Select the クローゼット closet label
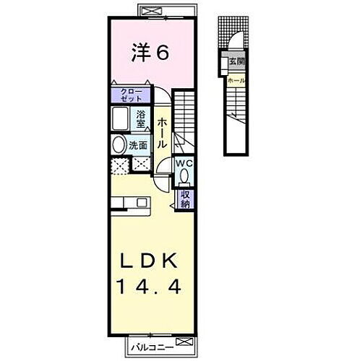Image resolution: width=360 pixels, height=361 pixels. click(x=131, y=94)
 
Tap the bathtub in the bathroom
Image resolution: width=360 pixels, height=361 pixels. click(x=119, y=118)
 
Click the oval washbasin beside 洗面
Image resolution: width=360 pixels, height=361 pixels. click(x=118, y=145)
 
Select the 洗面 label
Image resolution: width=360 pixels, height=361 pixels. click(x=138, y=145)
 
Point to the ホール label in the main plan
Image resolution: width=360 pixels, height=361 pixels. click(x=163, y=134)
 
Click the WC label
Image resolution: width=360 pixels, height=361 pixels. click(x=184, y=162)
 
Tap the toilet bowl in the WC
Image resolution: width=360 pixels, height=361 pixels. click(x=184, y=175)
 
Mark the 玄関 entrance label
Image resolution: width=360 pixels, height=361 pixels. click(x=236, y=62)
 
